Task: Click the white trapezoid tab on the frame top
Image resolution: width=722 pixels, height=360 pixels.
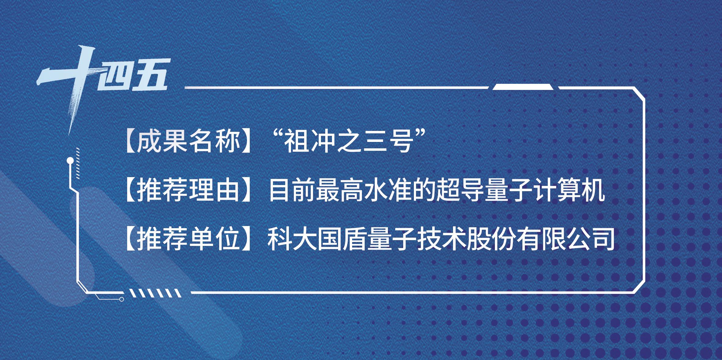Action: click(x=523, y=87)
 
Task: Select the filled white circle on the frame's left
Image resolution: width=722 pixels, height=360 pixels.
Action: click(x=70, y=160)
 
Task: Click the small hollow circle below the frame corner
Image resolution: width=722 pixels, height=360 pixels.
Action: click(x=121, y=299)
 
